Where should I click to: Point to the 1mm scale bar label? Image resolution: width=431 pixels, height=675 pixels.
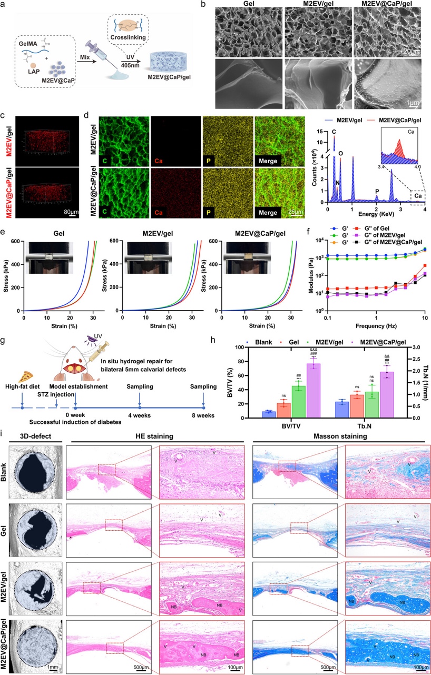click(x=53, y=667)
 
